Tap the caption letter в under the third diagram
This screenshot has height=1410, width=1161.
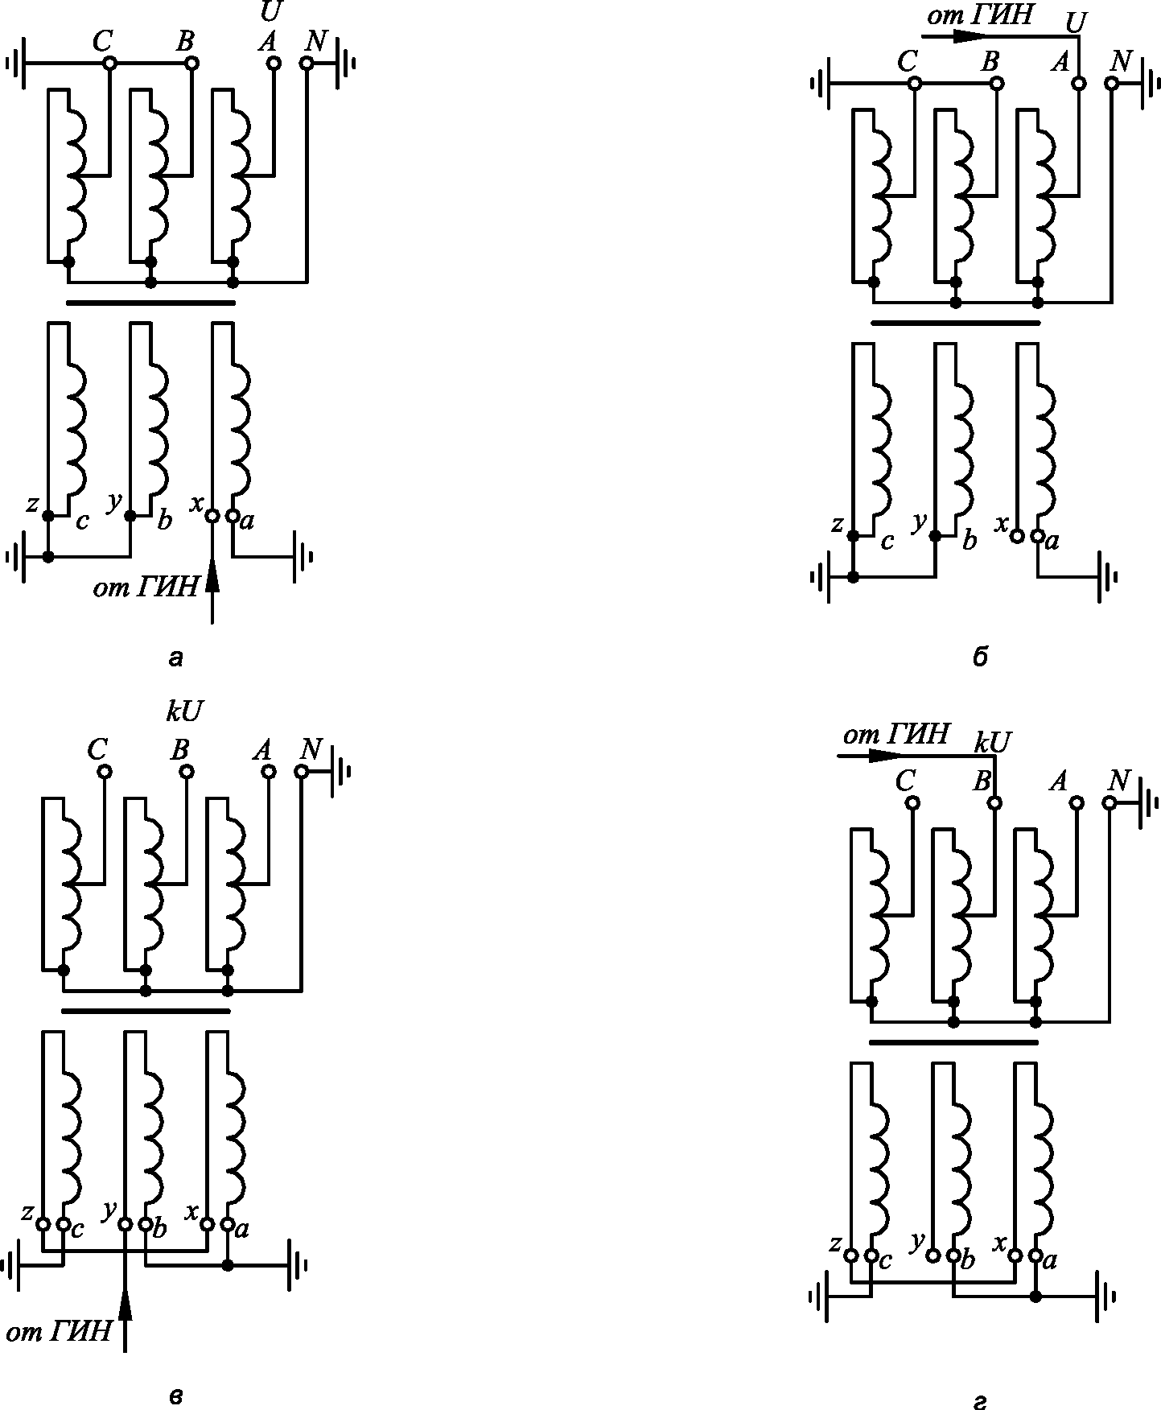(176, 1396)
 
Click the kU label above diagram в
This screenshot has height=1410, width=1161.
(184, 711)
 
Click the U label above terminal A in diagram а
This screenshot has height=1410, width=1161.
(271, 11)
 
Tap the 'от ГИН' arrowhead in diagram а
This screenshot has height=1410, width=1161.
(212, 576)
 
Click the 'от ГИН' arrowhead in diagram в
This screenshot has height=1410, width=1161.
(125, 1301)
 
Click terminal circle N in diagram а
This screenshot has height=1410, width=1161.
(307, 63)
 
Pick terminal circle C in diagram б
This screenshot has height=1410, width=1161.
(913, 83)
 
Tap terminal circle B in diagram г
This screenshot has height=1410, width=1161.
(995, 802)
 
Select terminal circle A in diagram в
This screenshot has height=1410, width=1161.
(269, 772)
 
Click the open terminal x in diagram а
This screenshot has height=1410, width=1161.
(212, 516)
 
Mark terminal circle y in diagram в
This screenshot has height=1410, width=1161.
(125, 1224)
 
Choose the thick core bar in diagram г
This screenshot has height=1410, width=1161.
(954, 1041)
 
